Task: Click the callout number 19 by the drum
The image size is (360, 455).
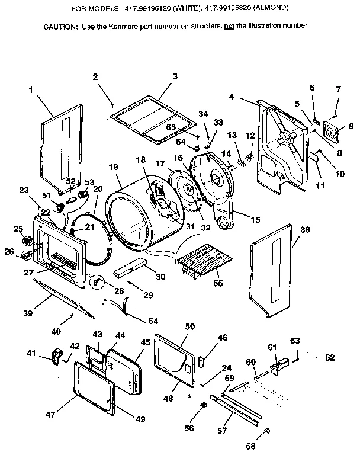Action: point(114,168)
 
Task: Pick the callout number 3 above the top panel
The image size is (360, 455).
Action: point(175,76)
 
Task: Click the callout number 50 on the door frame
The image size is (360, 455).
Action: point(190,327)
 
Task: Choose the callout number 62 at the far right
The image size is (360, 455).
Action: point(330,357)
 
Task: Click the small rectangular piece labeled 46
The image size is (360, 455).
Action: point(201,361)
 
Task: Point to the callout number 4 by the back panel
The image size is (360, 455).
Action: point(232,97)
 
